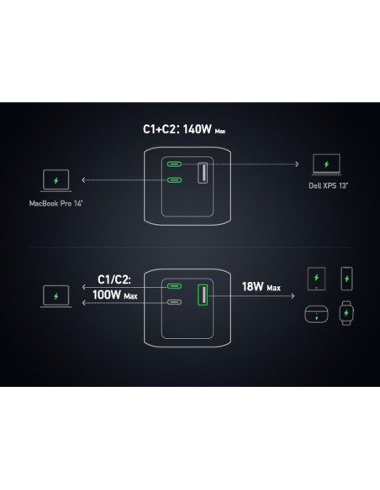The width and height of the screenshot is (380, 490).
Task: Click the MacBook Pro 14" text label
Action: pyautogui.click(x=55, y=203)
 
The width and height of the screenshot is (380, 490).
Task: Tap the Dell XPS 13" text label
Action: pyautogui.click(x=329, y=185)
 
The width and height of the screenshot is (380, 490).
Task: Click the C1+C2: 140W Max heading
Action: pyautogui.click(x=184, y=129)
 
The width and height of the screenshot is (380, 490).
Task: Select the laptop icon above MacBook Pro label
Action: pyautogui.click(x=56, y=181)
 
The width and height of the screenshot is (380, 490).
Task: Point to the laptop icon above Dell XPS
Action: pyautogui.click(x=326, y=164)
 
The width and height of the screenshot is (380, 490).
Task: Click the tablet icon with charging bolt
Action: pyautogui.click(x=316, y=279)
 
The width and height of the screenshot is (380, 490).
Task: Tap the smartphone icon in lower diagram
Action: pyautogui.click(x=346, y=279)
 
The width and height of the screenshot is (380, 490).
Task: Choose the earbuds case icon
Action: pyautogui.click(x=316, y=315)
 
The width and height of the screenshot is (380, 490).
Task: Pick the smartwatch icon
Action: pyautogui.click(x=346, y=313)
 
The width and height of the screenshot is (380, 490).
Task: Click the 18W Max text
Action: pyautogui.click(x=261, y=287)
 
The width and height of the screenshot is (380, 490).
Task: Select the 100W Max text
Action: pyautogui.click(x=115, y=295)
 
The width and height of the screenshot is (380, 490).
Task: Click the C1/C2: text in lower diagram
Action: pyautogui.click(x=114, y=279)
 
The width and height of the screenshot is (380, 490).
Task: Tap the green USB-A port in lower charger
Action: pyautogui.click(x=203, y=295)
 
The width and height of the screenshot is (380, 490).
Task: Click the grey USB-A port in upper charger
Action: pyautogui.click(x=203, y=173)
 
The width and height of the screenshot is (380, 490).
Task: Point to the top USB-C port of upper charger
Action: pyautogui.click(x=174, y=164)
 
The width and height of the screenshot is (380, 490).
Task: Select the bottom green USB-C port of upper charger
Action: pyautogui.click(x=174, y=180)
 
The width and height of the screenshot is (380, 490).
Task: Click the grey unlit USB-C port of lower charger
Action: pyautogui.click(x=174, y=302)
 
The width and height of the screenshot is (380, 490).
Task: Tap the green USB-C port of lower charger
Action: pyautogui.click(x=174, y=286)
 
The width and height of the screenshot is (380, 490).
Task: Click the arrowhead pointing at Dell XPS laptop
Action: pyautogui.click(x=297, y=164)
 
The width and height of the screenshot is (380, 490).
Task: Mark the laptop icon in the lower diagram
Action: pyautogui.click(x=56, y=296)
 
